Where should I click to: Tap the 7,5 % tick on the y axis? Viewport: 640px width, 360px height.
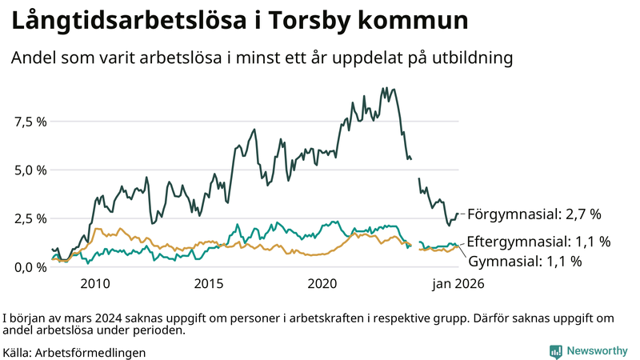point(30,122)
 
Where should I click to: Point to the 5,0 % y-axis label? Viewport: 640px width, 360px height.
point(30,170)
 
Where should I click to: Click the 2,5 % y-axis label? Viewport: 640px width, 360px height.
point(30,218)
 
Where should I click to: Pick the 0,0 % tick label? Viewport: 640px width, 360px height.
point(30,267)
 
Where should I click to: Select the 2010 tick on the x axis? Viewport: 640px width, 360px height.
point(94,283)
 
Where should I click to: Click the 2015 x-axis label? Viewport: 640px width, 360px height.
point(209,283)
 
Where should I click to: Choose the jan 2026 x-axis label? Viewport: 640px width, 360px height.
point(458,283)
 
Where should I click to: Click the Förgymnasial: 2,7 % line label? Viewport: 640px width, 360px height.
point(534,214)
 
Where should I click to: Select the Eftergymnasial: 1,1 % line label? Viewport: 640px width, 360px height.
point(539,241)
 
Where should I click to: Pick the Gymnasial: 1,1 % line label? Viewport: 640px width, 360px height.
point(525,261)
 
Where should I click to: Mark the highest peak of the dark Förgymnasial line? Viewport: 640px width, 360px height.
point(386,88)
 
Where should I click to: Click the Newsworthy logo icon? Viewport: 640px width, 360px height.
point(555,351)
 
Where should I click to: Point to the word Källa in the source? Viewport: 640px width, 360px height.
point(17,352)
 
